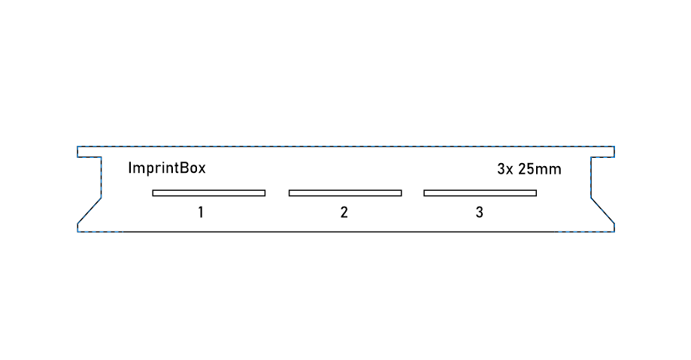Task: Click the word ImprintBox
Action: (167, 168)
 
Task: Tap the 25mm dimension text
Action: (539, 169)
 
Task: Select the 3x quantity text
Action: (505, 169)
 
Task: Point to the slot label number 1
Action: (201, 213)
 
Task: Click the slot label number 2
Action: (344, 213)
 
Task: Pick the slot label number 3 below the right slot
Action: (480, 213)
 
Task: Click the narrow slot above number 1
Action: (209, 193)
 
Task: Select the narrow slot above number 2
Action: (345, 193)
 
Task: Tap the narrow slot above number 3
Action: (480, 193)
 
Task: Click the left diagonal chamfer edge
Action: (89, 210)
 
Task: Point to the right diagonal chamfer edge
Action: (602, 210)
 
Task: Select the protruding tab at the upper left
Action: (89, 152)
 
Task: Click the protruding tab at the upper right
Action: (602, 152)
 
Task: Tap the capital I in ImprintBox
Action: (130, 168)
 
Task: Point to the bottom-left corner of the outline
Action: (77, 231)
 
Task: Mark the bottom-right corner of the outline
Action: (614, 231)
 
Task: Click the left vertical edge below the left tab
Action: (102, 177)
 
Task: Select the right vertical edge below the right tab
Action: (591, 177)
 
